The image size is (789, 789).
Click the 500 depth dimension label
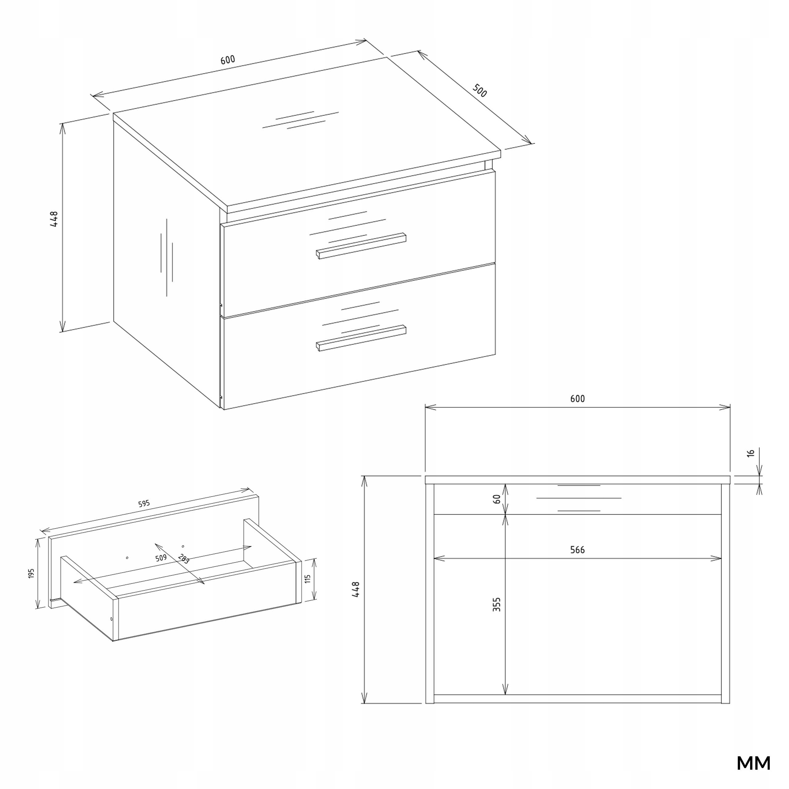point(480,91)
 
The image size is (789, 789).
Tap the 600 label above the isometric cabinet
point(228,59)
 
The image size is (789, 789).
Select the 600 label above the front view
point(578,399)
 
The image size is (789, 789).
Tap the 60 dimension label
point(497,499)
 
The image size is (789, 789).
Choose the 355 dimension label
point(497,604)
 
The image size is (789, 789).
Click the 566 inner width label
point(578,550)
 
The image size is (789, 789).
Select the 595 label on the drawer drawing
point(144,504)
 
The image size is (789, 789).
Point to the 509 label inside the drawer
point(161,558)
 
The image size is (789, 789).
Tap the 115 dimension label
point(308,579)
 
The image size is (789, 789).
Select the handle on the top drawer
point(361,245)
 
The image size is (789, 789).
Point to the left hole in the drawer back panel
point(127,558)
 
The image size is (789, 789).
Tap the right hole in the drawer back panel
point(183,546)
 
